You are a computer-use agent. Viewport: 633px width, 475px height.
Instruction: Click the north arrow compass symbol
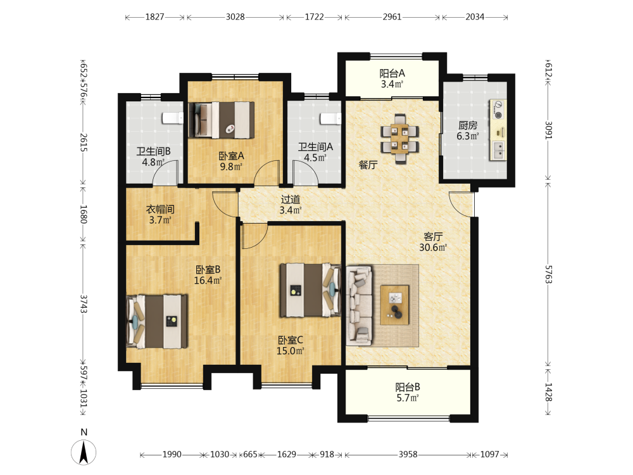tap(84, 452)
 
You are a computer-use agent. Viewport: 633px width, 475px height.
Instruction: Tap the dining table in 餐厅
tap(399, 139)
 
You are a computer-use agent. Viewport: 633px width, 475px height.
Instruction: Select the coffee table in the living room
tap(395, 305)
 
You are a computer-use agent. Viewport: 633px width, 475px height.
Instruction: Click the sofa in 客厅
tap(359, 305)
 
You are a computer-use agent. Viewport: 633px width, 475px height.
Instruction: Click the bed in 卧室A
tap(221, 120)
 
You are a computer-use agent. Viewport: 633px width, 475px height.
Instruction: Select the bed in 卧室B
tap(157, 322)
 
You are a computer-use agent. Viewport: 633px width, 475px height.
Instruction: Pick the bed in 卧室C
tap(310, 289)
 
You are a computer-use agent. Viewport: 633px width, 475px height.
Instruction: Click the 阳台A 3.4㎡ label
tap(392, 79)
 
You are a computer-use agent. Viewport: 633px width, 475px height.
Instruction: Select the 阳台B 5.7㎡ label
tap(407, 393)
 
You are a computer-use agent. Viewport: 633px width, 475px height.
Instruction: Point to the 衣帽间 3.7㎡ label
tap(160, 215)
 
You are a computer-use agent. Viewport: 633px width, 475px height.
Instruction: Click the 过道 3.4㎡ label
tap(291, 205)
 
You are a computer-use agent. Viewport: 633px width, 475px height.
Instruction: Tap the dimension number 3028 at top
tap(235, 17)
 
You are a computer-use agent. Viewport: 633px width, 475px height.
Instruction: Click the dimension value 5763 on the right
tap(548, 274)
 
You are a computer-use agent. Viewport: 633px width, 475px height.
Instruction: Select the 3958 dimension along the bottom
tap(408, 454)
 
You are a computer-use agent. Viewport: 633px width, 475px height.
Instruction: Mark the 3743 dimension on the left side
tap(83, 304)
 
